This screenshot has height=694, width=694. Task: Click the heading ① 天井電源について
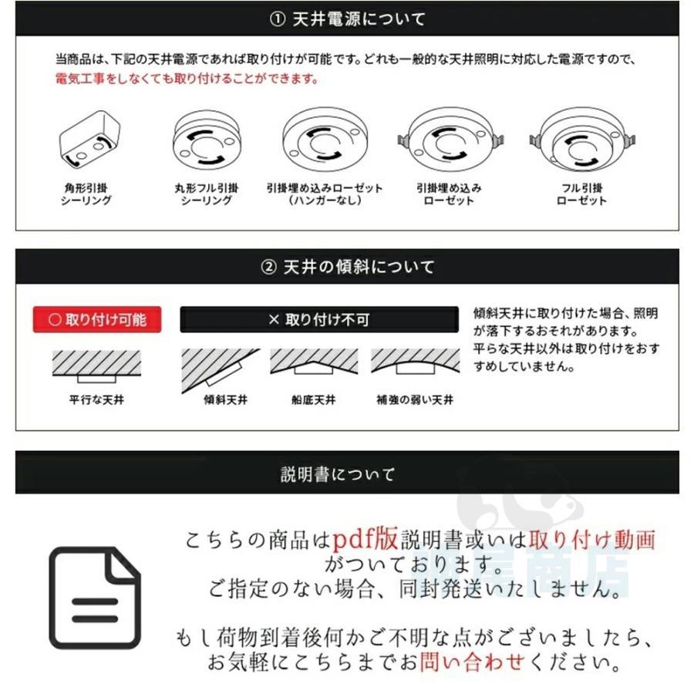click(347, 19)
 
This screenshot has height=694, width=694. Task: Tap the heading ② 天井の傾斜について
click(347, 267)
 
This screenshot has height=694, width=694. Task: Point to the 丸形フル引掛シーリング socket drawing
click(206, 141)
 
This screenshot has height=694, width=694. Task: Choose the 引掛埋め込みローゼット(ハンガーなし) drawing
click(324, 142)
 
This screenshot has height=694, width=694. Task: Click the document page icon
click(95, 598)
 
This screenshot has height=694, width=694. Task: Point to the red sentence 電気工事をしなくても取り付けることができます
click(187, 79)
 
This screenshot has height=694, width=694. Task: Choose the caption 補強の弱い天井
click(415, 400)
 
